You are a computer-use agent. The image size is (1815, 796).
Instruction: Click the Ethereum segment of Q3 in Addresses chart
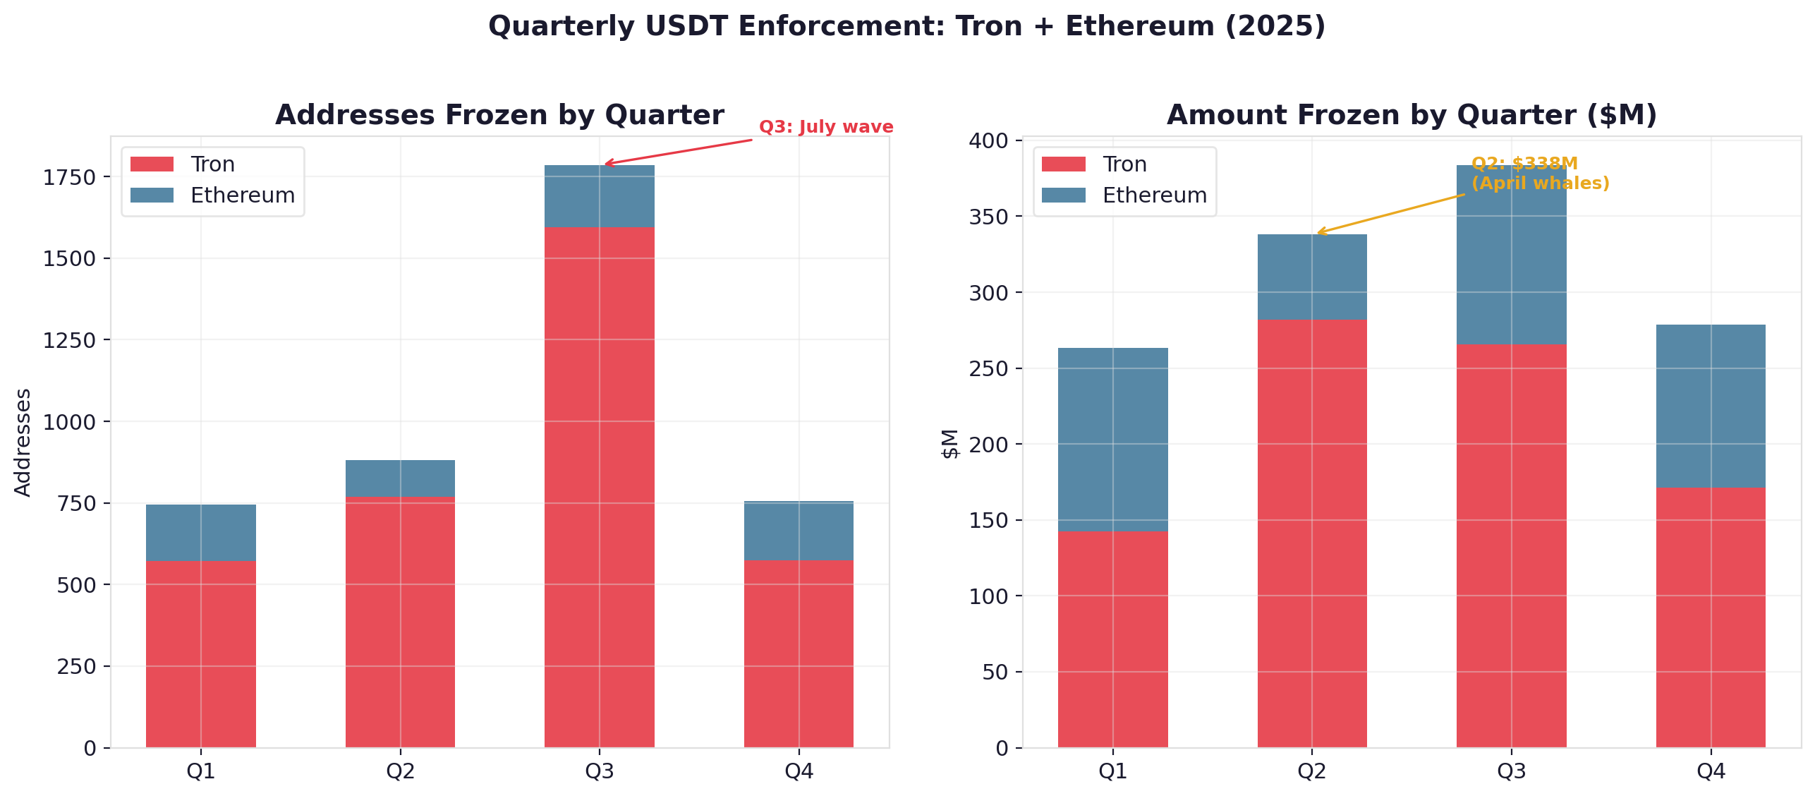pyautogui.click(x=599, y=196)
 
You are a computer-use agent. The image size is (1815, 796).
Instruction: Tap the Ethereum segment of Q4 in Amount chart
pyautogui.click(x=1710, y=406)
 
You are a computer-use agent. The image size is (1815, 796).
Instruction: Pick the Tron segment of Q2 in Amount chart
pyautogui.click(x=1311, y=533)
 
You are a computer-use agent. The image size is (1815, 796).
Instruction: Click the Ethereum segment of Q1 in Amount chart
pyautogui.click(x=1112, y=440)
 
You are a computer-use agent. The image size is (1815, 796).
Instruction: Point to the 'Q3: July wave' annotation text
pyautogui.click(x=825, y=127)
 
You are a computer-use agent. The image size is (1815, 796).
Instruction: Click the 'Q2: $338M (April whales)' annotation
pyautogui.click(x=1539, y=174)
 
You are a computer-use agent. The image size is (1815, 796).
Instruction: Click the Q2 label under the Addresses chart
pyautogui.click(x=400, y=771)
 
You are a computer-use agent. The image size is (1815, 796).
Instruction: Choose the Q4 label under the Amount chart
pyautogui.click(x=1710, y=771)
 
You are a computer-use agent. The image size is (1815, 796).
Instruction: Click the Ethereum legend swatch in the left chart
pyautogui.click(x=152, y=195)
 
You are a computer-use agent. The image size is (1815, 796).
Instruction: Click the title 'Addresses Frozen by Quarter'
pyautogui.click(x=499, y=115)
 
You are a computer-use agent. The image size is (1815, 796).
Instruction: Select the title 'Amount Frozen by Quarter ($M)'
pyautogui.click(x=1412, y=115)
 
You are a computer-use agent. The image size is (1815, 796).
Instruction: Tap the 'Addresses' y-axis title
pyautogui.click(x=23, y=442)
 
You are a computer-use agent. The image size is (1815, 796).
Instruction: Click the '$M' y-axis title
pyautogui.click(x=950, y=444)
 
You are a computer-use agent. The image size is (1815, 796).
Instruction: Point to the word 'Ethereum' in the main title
pyautogui.click(x=1139, y=26)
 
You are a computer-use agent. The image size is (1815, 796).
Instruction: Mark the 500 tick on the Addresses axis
pyautogui.click(x=75, y=585)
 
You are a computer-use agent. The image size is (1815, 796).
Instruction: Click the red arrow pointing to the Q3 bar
pyautogui.click(x=677, y=152)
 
